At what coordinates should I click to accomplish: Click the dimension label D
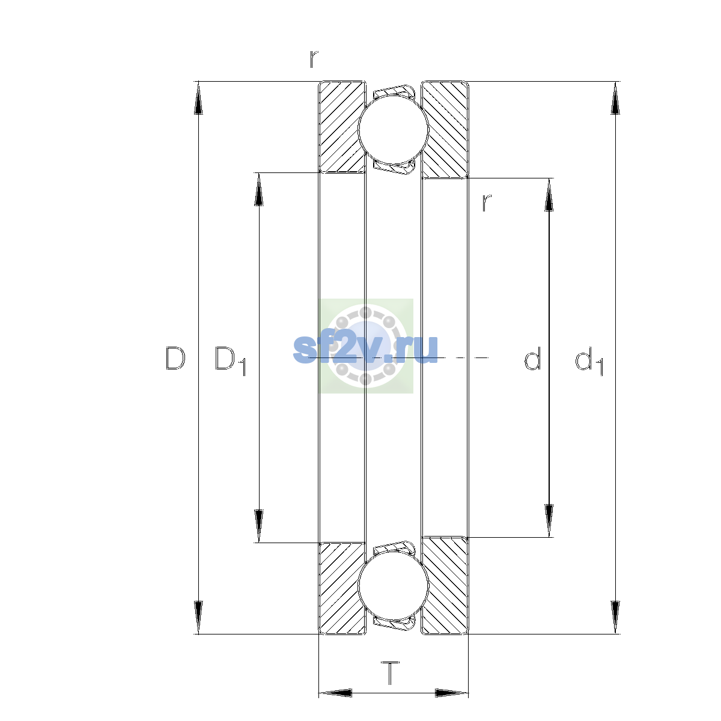tap(175, 359)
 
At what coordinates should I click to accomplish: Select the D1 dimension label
tap(230, 360)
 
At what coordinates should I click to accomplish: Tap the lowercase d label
tap(532, 359)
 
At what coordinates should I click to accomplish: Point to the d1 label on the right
tap(589, 360)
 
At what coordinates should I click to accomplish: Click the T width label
tap(391, 673)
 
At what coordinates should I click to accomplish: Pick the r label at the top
tap(314, 59)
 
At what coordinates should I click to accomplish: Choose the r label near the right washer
tap(487, 203)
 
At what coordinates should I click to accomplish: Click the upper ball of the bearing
tap(394, 129)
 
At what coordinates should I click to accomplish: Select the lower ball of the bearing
tap(394, 586)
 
